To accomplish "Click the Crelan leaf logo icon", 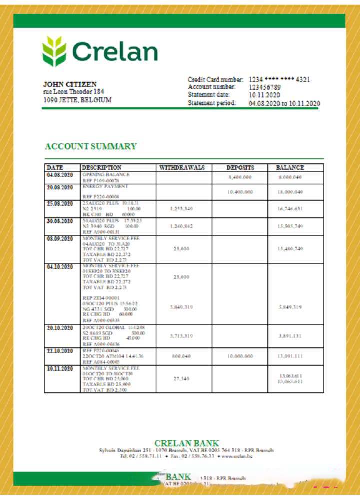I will pos(54,51).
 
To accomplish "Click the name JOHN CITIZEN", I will pos(70,84).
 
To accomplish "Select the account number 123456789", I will pos(265,87).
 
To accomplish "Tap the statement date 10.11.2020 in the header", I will pos(265,95).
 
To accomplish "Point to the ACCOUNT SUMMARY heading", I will pos(90,146).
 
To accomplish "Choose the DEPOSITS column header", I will pos(240,168).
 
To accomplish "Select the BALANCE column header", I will pos(290,168).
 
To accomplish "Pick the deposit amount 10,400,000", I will pos(240,192).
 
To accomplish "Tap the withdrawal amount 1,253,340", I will pos(181,208).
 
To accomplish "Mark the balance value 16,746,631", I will pos(290,208).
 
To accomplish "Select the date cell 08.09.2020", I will pos(60,239).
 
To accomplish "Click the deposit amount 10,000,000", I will pos(240,356).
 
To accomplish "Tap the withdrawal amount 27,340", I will pos(181,379).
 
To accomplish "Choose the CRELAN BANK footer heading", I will pos(186,443).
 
